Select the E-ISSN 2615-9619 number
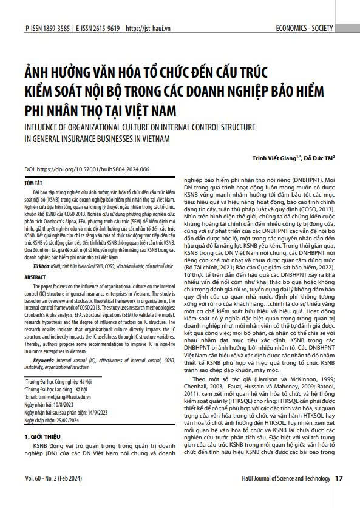pos(97,28)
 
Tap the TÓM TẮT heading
pos(34,182)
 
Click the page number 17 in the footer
pos(339,495)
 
